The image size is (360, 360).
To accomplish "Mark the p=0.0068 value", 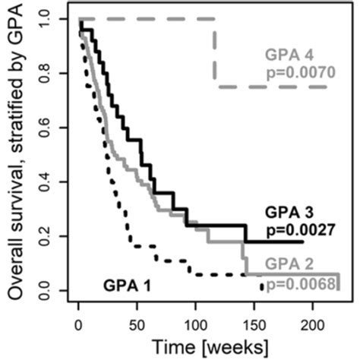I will (x=298, y=283).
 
